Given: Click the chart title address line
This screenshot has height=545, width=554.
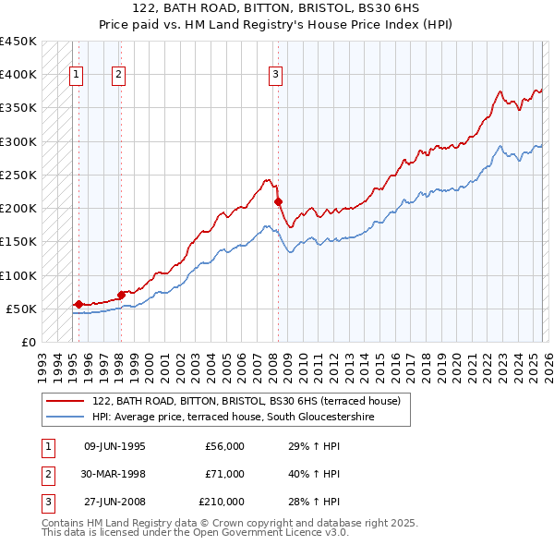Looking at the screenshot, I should point(277,8).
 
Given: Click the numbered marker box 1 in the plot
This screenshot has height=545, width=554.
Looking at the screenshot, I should point(76,76).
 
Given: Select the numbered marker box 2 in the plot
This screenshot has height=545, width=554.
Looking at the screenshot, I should point(119,76).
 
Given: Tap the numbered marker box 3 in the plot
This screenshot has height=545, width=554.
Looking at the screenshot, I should point(275,76).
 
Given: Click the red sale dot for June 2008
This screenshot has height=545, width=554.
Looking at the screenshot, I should point(279,201).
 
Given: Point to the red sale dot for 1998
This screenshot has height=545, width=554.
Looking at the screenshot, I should point(121,295).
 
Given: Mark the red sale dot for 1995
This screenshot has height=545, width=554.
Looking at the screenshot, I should point(78,304).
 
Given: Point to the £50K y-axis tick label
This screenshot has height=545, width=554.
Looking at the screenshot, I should point(21,309).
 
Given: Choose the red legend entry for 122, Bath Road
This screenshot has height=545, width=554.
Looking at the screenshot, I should point(246,402).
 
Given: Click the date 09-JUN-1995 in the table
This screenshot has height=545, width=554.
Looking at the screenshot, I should point(114,446).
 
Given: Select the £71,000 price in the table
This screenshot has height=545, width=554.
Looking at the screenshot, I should point(224,474).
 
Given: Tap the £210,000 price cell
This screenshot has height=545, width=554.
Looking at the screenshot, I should point(222,502).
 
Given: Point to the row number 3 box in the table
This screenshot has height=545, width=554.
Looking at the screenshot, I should point(47,502).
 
